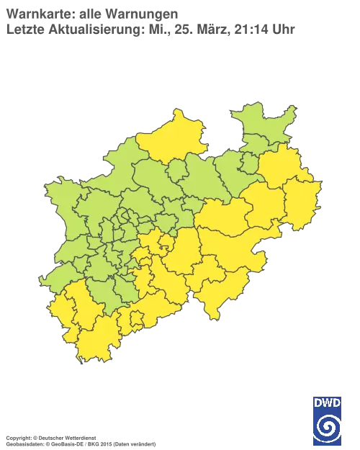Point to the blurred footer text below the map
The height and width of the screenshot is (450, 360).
(x=79, y=437)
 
